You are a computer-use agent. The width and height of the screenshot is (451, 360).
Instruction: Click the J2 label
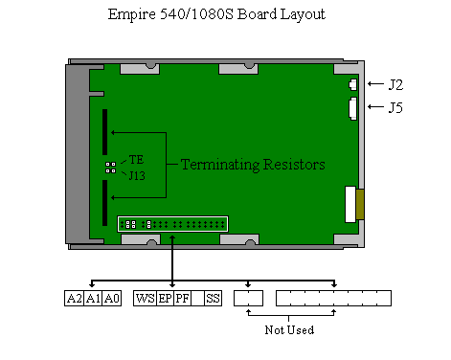tap(395, 85)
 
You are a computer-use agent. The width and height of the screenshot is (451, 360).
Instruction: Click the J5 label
tap(395, 107)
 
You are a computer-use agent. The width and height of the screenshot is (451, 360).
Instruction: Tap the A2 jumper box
tap(75, 299)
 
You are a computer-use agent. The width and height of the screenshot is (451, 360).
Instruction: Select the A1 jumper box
tap(93, 299)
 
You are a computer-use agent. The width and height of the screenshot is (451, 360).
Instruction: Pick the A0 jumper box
tap(112, 299)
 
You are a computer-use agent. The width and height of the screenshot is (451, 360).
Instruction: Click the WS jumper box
tap(146, 299)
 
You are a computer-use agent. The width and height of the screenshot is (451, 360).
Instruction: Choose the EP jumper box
tap(166, 299)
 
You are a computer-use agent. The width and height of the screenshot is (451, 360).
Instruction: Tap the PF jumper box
tap(183, 299)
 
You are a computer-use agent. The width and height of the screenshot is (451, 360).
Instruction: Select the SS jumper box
tap(213, 299)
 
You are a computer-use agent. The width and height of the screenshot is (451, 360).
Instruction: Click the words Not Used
tap(289, 329)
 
